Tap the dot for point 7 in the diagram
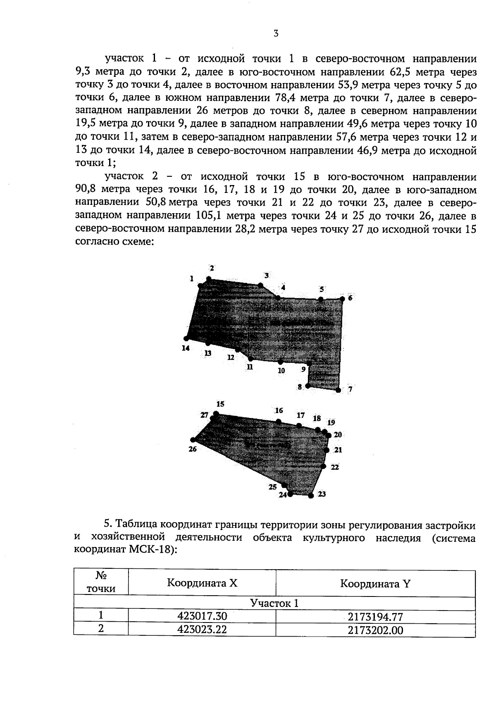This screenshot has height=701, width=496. point(338,390)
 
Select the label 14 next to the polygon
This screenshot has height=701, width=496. point(186,348)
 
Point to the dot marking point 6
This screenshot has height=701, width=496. point(342,298)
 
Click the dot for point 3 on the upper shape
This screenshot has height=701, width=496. point(260,285)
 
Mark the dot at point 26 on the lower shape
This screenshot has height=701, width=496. point(193,440)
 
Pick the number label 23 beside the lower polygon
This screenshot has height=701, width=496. point(322,494)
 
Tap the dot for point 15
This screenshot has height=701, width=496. point(216,413)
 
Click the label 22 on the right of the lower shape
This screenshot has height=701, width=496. point(335,467)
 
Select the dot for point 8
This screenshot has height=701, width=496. point(308,386)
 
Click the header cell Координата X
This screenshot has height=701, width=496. point(202,583)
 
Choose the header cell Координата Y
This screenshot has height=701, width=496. point(375,583)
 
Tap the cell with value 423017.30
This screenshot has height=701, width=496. point(202,616)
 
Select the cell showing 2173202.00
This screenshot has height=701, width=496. point(375,630)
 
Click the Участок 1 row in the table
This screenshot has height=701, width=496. point(274,604)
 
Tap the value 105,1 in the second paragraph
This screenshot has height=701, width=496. point(207,216)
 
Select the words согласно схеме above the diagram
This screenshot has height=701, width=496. point(114,242)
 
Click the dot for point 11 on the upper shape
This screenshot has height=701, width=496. point(250,359)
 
